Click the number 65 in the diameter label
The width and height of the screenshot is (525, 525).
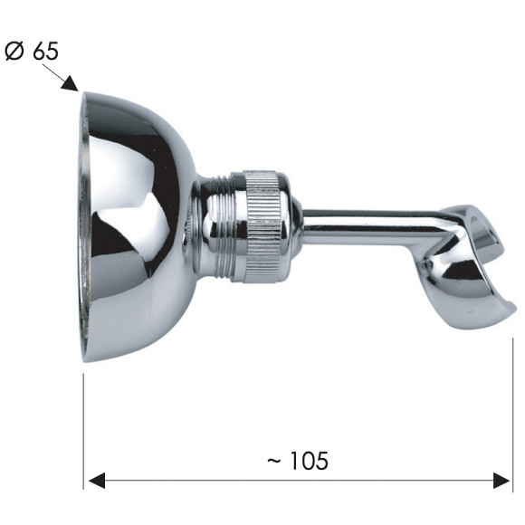click(x=46, y=52)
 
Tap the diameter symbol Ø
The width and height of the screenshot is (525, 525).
click(x=14, y=52)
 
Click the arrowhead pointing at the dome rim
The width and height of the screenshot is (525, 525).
click(x=70, y=83)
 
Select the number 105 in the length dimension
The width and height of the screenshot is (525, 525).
click(x=309, y=461)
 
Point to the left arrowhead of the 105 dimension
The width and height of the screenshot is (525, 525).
click(x=97, y=481)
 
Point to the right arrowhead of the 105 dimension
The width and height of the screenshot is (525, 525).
click(x=501, y=481)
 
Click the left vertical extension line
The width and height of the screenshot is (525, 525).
click(x=83, y=432)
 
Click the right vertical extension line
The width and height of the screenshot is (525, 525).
click(x=512, y=415)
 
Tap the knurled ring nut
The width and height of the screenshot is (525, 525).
click(x=265, y=226)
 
